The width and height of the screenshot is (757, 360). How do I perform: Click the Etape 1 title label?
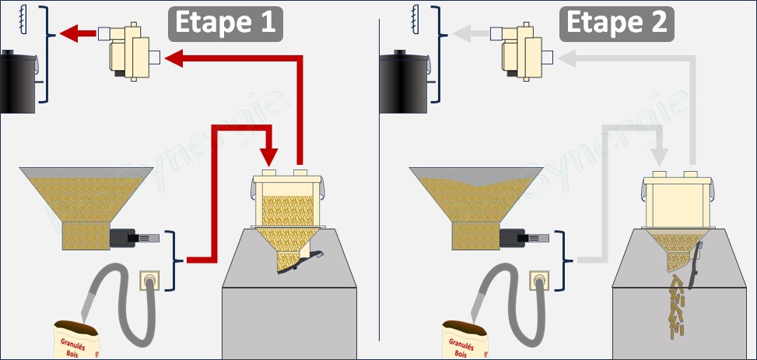tap(224, 23)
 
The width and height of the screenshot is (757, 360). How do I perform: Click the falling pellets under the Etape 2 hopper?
tap(674, 303)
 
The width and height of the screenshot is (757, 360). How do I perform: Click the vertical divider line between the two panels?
tap(379, 179)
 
